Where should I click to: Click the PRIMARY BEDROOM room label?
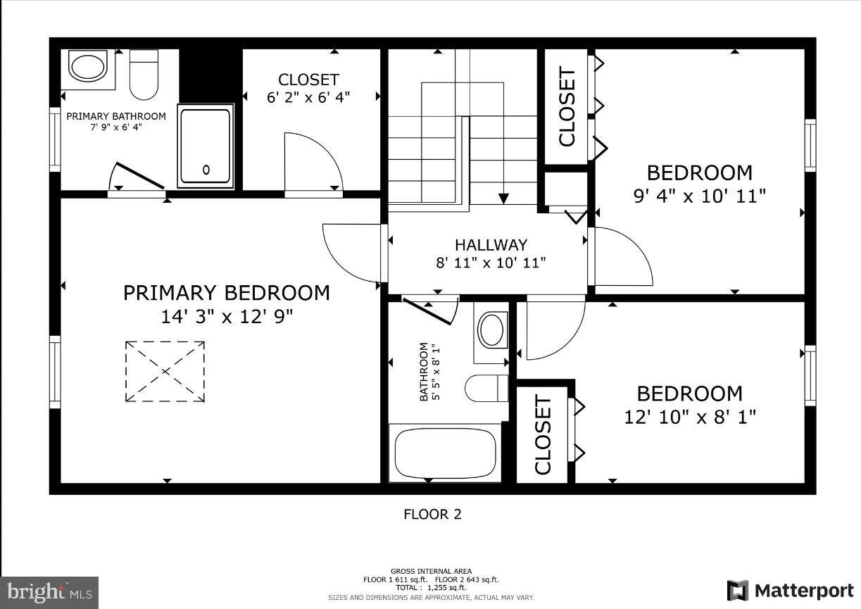(x=226, y=293)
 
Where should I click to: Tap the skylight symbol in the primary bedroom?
(x=165, y=371)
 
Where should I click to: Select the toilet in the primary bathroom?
(x=145, y=75)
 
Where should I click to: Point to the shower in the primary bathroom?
(x=205, y=146)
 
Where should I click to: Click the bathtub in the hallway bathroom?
(x=445, y=453)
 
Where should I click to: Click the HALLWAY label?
(x=491, y=245)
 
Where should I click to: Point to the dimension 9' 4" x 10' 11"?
(x=699, y=196)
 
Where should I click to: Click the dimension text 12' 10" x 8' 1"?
(x=690, y=417)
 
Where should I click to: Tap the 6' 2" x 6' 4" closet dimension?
(x=308, y=98)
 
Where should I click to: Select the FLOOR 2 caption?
(x=432, y=515)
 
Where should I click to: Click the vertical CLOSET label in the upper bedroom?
(x=567, y=107)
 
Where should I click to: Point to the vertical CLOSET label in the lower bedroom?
(x=543, y=435)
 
